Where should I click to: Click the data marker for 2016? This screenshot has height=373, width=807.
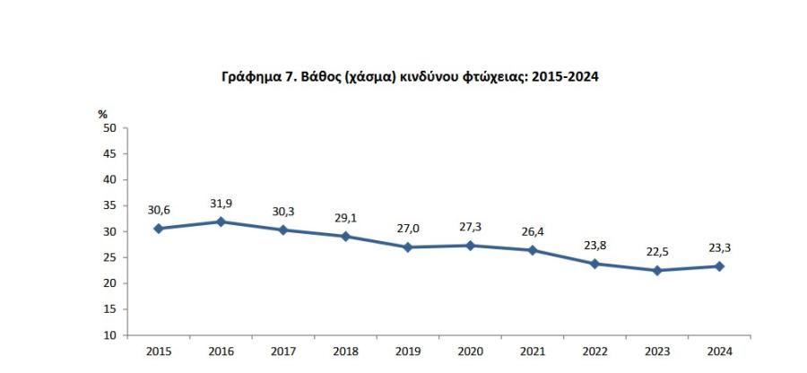(x=221, y=221)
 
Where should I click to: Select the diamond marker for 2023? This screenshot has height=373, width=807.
(x=657, y=271)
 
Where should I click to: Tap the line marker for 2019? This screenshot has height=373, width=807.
(x=408, y=247)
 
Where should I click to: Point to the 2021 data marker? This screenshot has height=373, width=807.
(x=533, y=250)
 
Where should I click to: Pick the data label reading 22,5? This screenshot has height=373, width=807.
(x=657, y=252)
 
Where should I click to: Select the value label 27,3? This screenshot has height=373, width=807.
(x=470, y=227)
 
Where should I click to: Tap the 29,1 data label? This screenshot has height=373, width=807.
(x=345, y=218)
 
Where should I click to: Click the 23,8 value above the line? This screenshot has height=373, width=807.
(x=595, y=245)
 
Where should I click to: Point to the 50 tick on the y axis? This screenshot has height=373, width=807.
(x=110, y=127)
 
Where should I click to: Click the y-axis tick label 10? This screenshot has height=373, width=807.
(x=110, y=335)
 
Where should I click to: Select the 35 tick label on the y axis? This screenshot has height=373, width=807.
(x=110, y=205)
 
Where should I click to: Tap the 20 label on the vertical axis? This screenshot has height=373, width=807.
(x=110, y=283)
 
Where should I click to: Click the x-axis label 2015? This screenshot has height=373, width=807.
(x=158, y=352)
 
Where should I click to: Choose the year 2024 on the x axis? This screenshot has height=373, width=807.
(x=719, y=352)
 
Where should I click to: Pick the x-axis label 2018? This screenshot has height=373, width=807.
(x=345, y=352)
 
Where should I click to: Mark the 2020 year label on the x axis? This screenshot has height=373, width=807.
(x=470, y=352)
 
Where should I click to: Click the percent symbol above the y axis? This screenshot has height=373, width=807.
(x=102, y=114)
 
